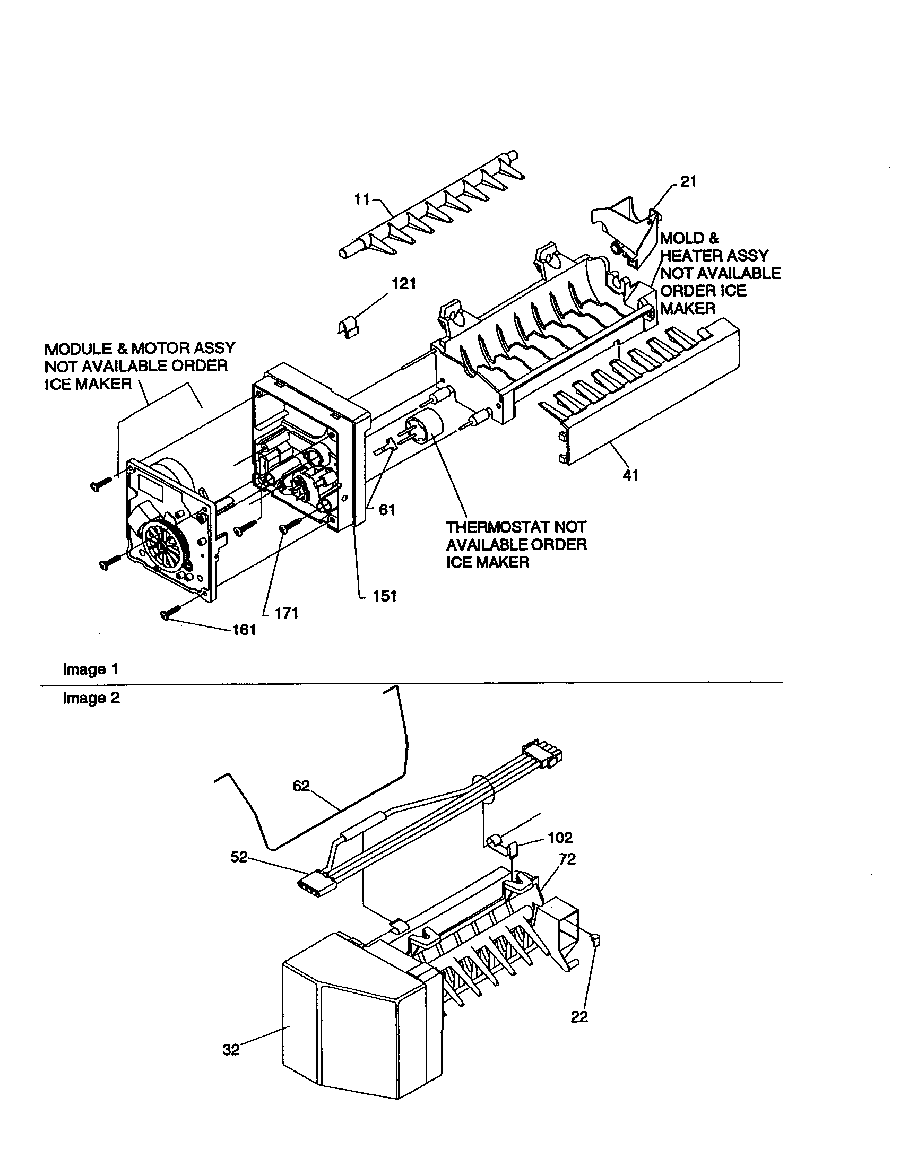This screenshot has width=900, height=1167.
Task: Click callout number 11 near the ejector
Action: tap(362, 199)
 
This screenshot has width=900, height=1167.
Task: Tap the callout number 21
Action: tap(688, 181)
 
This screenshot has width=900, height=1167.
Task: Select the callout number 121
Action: tap(404, 284)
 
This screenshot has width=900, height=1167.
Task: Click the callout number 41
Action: tap(630, 475)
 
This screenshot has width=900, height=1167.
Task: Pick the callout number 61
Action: tap(387, 510)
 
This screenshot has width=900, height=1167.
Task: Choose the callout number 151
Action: tap(384, 596)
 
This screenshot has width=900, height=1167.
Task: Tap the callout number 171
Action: tap(287, 613)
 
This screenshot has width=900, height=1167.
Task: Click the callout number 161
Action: tap(244, 630)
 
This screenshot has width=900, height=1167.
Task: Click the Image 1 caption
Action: tap(90, 669)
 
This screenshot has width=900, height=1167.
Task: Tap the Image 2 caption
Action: tap(91, 698)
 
